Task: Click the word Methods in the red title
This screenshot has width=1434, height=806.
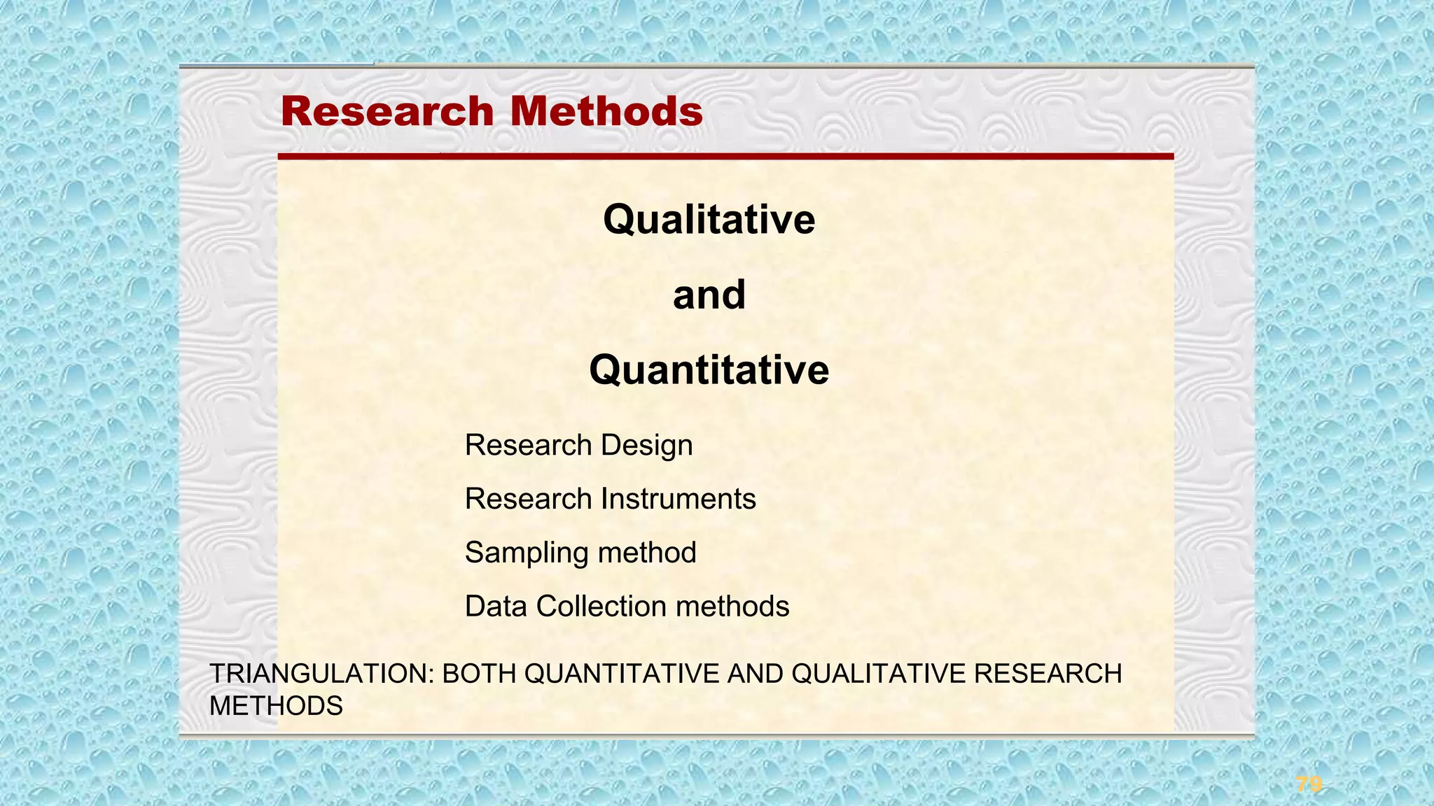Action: pyautogui.click(x=606, y=112)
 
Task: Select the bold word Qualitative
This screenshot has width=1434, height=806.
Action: pyautogui.click(x=709, y=220)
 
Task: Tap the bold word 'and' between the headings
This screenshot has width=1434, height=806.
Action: pyautogui.click(x=709, y=295)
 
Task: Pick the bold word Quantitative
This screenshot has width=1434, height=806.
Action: pyautogui.click(x=709, y=369)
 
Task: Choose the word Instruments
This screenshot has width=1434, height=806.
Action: pyautogui.click(x=678, y=499)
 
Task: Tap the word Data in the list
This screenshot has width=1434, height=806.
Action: pyautogui.click(x=496, y=607)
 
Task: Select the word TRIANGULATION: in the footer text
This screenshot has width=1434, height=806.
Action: pyautogui.click(x=322, y=674)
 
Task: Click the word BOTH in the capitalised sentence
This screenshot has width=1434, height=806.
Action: pyautogui.click(x=480, y=674)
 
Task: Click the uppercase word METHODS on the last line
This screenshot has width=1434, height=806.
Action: pyautogui.click(x=276, y=707)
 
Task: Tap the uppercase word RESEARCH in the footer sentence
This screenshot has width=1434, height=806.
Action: pyautogui.click(x=1047, y=674)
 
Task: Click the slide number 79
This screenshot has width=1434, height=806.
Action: pyautogui.click(x=1309, y=784)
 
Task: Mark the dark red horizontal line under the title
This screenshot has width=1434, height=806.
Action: pyautogui.click(x=725, y=157)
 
